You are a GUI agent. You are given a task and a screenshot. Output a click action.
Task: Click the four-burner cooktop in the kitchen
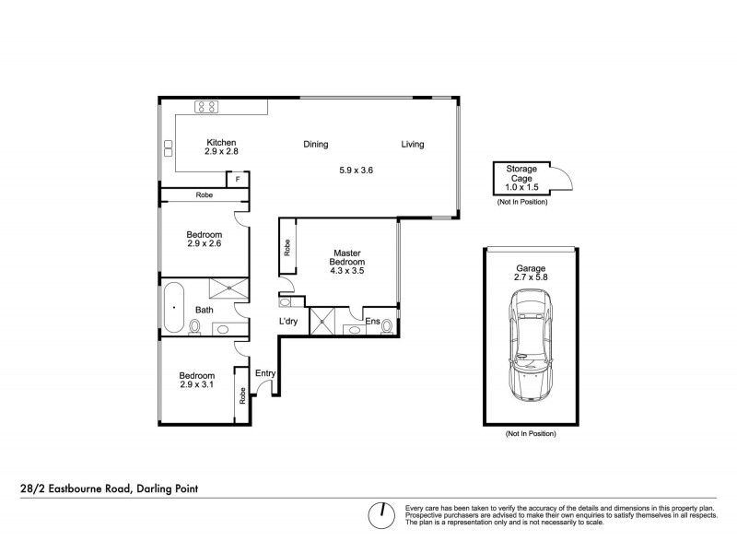tap(206, 106)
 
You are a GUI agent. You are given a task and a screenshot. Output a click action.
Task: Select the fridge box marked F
tap(239, 179)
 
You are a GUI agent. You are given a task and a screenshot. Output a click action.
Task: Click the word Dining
tap(316, 144)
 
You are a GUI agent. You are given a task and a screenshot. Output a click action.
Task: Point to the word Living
tap(412, 144)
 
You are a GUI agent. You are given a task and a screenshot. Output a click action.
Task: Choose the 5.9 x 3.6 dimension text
tap(355, 170)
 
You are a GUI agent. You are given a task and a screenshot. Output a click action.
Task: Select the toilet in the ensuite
tap(386, 324)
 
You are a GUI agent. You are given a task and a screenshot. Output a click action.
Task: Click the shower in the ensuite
tap(323, 322)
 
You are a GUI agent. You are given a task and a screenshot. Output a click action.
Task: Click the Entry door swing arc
tap(264, 387)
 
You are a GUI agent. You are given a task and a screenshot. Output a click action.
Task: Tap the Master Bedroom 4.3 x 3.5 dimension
tap(345, 273)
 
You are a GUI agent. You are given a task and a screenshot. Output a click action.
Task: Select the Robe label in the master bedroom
tap(287, 247)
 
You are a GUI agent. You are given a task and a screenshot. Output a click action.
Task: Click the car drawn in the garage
tap(530, 346)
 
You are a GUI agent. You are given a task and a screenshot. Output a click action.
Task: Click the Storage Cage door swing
tap(563, 178)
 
